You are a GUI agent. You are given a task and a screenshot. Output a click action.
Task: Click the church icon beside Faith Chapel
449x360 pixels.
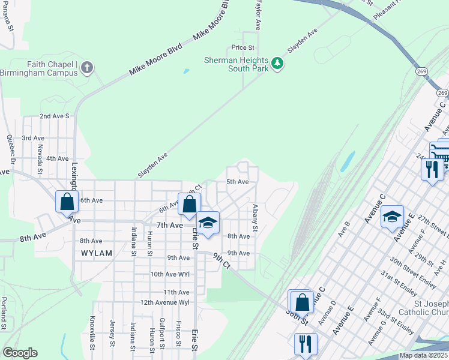click(87, 67)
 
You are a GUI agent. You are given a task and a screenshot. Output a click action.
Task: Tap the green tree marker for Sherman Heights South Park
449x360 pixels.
click(277, 62)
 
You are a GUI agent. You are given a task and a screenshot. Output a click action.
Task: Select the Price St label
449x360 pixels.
click(243, 47)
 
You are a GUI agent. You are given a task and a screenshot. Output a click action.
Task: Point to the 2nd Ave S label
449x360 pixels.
click(55, 116)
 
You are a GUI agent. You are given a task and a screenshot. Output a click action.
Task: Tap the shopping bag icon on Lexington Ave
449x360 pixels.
click(67, 202)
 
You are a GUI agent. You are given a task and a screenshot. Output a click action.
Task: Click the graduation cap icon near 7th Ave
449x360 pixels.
click(208, 223)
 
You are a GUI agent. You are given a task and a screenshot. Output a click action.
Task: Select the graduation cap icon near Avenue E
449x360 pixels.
click(393, 217)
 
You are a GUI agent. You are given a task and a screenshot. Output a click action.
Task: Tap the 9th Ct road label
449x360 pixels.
click(221, 261)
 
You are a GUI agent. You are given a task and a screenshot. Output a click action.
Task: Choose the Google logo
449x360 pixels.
click(20, 353)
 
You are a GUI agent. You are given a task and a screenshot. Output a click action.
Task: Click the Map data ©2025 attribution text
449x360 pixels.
click(424, 355)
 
